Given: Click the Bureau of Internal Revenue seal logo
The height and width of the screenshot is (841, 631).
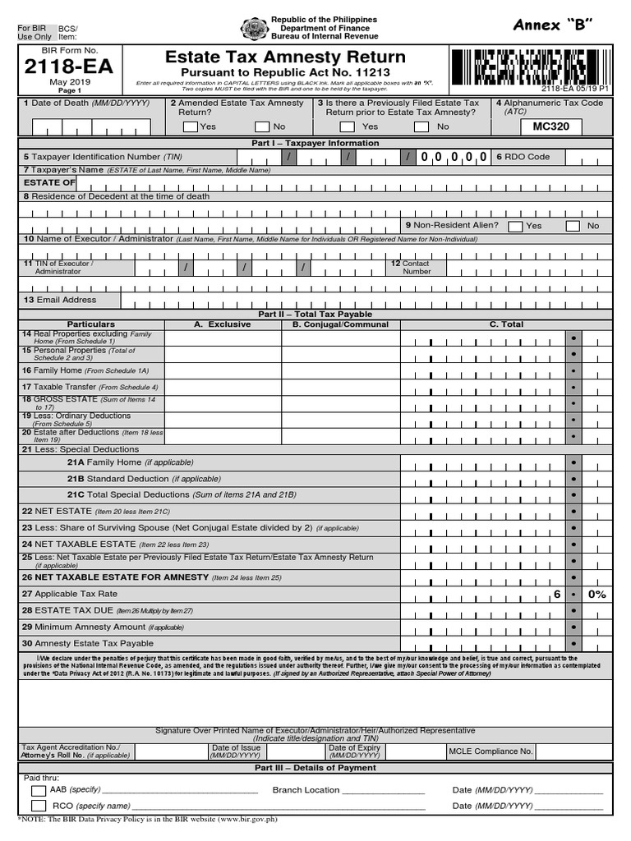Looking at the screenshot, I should coord(253,29).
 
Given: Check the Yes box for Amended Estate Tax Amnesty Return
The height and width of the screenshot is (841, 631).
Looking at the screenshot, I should coord(191,126).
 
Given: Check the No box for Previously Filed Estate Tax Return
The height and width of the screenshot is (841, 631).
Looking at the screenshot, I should coord(421,126).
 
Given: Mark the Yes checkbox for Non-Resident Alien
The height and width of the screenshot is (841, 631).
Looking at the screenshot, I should coord(515,226).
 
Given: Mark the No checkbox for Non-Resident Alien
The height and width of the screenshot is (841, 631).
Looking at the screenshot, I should coord(573,226).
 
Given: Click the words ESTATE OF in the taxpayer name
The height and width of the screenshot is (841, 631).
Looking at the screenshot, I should coord(49,182).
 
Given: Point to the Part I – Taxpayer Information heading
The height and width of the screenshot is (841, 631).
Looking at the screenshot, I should coord(315,143).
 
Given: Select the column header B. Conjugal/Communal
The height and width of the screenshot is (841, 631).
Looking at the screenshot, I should coord(339,324).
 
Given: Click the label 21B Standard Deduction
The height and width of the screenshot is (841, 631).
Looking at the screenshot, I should coord(117,478).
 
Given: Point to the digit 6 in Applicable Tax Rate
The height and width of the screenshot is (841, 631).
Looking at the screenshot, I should coord(556,594).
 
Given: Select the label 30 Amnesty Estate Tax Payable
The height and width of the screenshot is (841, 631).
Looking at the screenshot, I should coord(88,644).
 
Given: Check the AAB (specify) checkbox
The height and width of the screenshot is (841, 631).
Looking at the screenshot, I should coord(39,791).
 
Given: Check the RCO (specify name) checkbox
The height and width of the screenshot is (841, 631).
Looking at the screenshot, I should coord(39,807).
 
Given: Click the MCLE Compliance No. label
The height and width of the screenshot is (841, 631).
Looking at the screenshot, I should coord(491,751).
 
